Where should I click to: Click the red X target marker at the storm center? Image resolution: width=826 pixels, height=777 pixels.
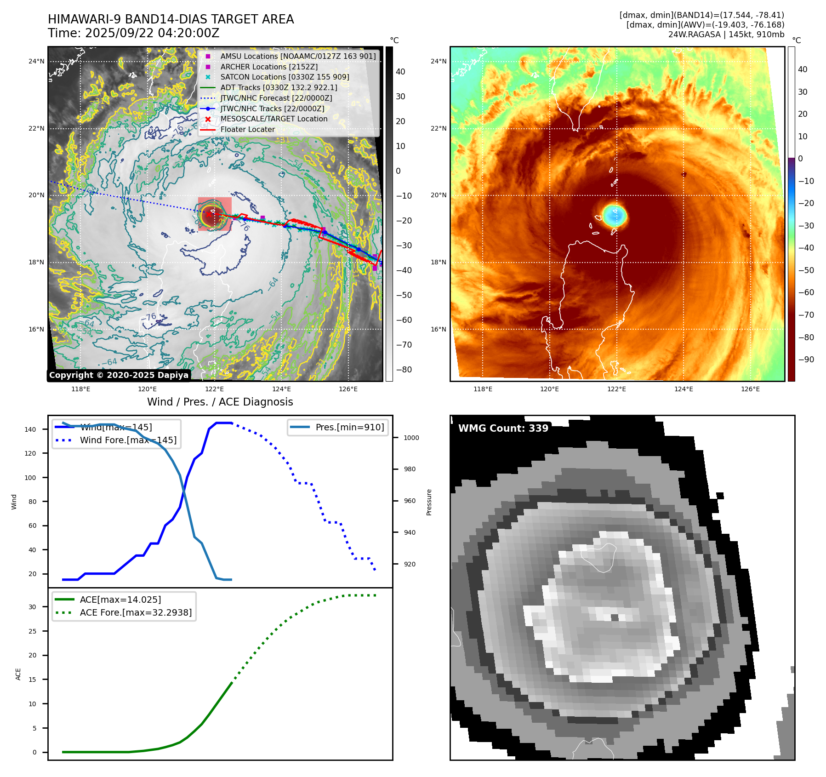[x=209, y=214]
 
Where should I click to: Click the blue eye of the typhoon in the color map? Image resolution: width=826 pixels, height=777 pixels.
[x=615, y=215]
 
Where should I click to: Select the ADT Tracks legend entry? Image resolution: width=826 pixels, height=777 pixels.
[x=279, y=87]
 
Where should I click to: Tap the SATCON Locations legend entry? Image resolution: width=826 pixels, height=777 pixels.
[x=285, y=77]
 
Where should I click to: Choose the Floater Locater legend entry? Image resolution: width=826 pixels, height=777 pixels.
[x=247, y=129]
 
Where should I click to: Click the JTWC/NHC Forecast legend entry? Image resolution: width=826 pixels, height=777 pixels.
[x=276, y=98]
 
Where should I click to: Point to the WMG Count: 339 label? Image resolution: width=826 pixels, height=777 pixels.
[x=503, y=428]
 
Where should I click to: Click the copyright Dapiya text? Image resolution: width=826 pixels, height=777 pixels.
[x=119, y=375]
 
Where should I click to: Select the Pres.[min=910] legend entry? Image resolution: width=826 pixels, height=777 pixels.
[x=349, y=427]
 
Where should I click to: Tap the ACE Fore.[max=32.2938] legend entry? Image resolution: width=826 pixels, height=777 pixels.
[x=136, y=612]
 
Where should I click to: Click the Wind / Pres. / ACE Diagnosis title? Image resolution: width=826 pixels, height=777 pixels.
[x=220, y=402]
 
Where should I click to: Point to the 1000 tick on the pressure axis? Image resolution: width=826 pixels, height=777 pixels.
[x=411, y=438]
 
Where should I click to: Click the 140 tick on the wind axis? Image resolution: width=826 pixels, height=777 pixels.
[x=30, y=429]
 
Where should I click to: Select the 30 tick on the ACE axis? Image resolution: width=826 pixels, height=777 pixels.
[x=32, y=607]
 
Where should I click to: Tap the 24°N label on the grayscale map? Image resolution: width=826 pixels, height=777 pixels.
[x=36, y=61]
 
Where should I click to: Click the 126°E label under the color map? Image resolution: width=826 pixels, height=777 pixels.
[x=750, y=389]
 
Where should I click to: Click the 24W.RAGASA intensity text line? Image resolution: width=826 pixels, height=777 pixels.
[x=726, y=34]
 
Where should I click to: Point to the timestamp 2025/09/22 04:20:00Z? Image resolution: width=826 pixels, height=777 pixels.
[x=152, y=33]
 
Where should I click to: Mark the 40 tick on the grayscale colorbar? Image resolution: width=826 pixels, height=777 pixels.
[x=400, y=72]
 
